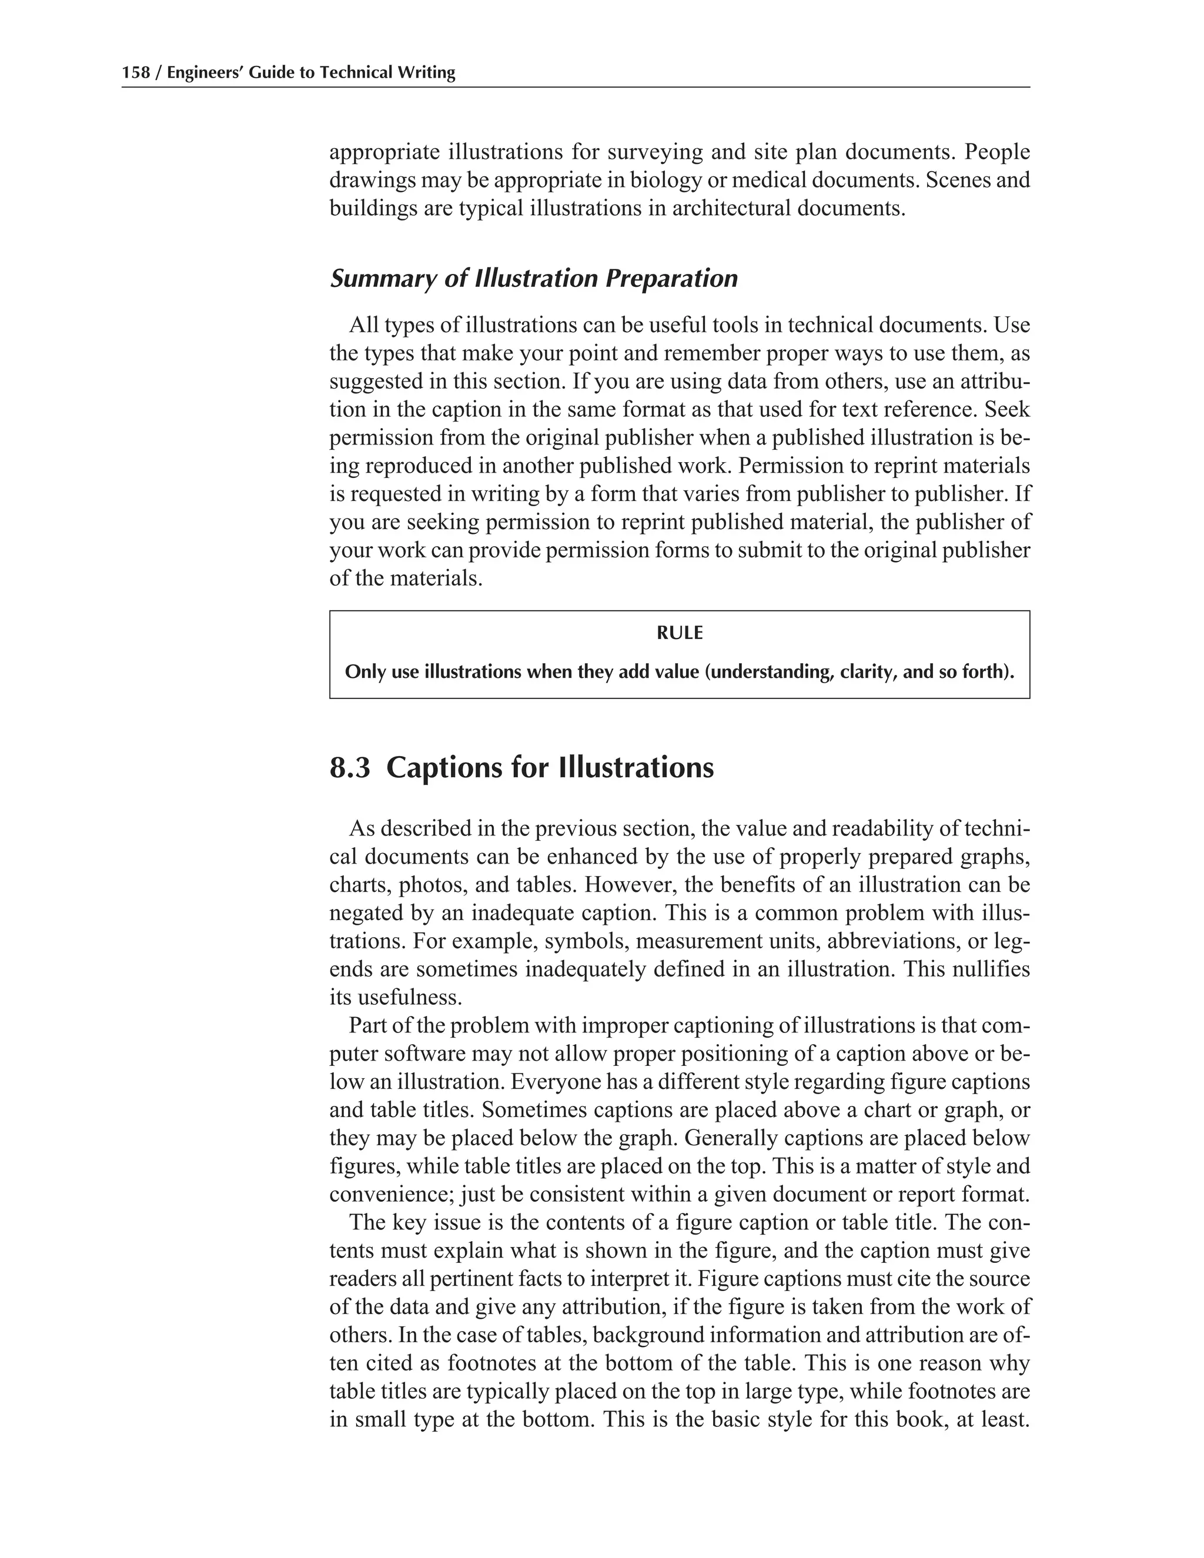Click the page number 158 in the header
click(x=136, y=73)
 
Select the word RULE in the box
click(x=679, y=633)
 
